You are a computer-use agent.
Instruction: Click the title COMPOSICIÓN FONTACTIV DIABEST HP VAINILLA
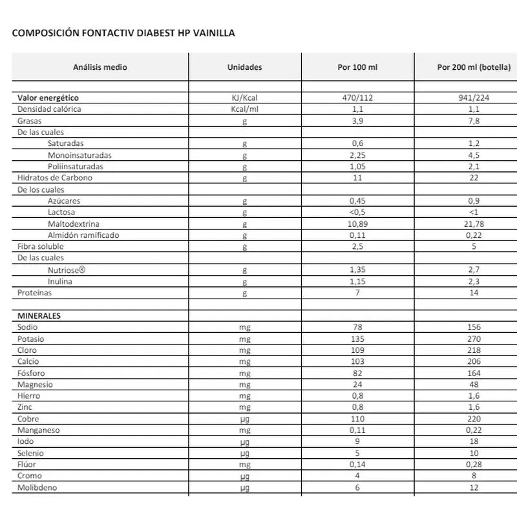[x=123, y=33]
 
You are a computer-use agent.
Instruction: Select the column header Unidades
[x=244, y=67]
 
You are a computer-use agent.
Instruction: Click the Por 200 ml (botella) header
[x=474, y=67]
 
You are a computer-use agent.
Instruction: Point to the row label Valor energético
[x=49, y=98]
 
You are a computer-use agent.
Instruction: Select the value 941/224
[x=474, y=98]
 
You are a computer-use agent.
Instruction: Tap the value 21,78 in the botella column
[x=474, y=224]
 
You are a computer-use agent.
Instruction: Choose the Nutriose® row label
[x=67, y=270]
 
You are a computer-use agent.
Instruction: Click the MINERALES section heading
[x=39, y=316]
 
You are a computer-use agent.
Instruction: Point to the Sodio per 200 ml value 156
[x=474, y=328]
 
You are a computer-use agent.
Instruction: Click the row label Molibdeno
[x=37, y=488]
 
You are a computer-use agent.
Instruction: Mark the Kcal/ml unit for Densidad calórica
[x=244, y=109]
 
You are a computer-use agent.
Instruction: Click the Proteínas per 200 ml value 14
[x=474, y=293]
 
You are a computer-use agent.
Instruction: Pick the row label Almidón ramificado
[x=83, y=235]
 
